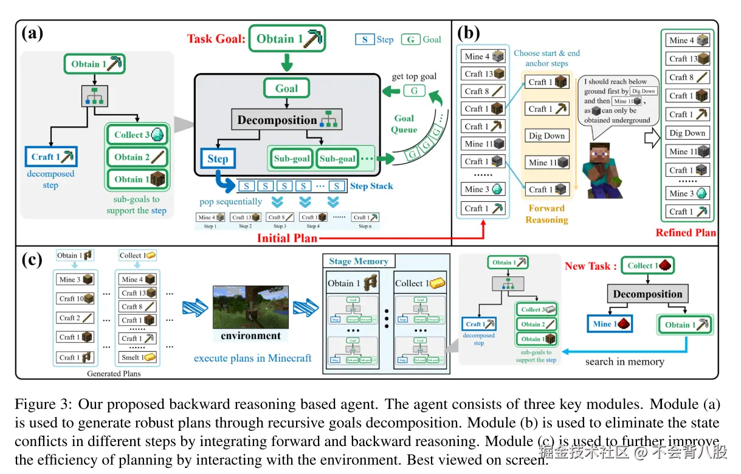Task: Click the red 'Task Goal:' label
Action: [x=216, y=39]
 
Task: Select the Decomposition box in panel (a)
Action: [x=286, y=120]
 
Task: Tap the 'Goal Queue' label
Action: [x=404, y=123]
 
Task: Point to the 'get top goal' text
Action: [x=414, y=77]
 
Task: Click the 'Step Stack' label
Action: [x=371, y=186]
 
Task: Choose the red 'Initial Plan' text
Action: [x=287, y=238]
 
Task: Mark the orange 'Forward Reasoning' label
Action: [x=546, y=214]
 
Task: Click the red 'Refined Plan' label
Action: [x=686, y=233]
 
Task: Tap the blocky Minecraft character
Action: [x=601, y=164]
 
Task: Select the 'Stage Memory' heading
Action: [x=359, y=261]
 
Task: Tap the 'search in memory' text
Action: [x=624, y=362]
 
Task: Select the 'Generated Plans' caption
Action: [x=113, y=374]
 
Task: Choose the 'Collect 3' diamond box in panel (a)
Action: [x=137, y=135]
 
